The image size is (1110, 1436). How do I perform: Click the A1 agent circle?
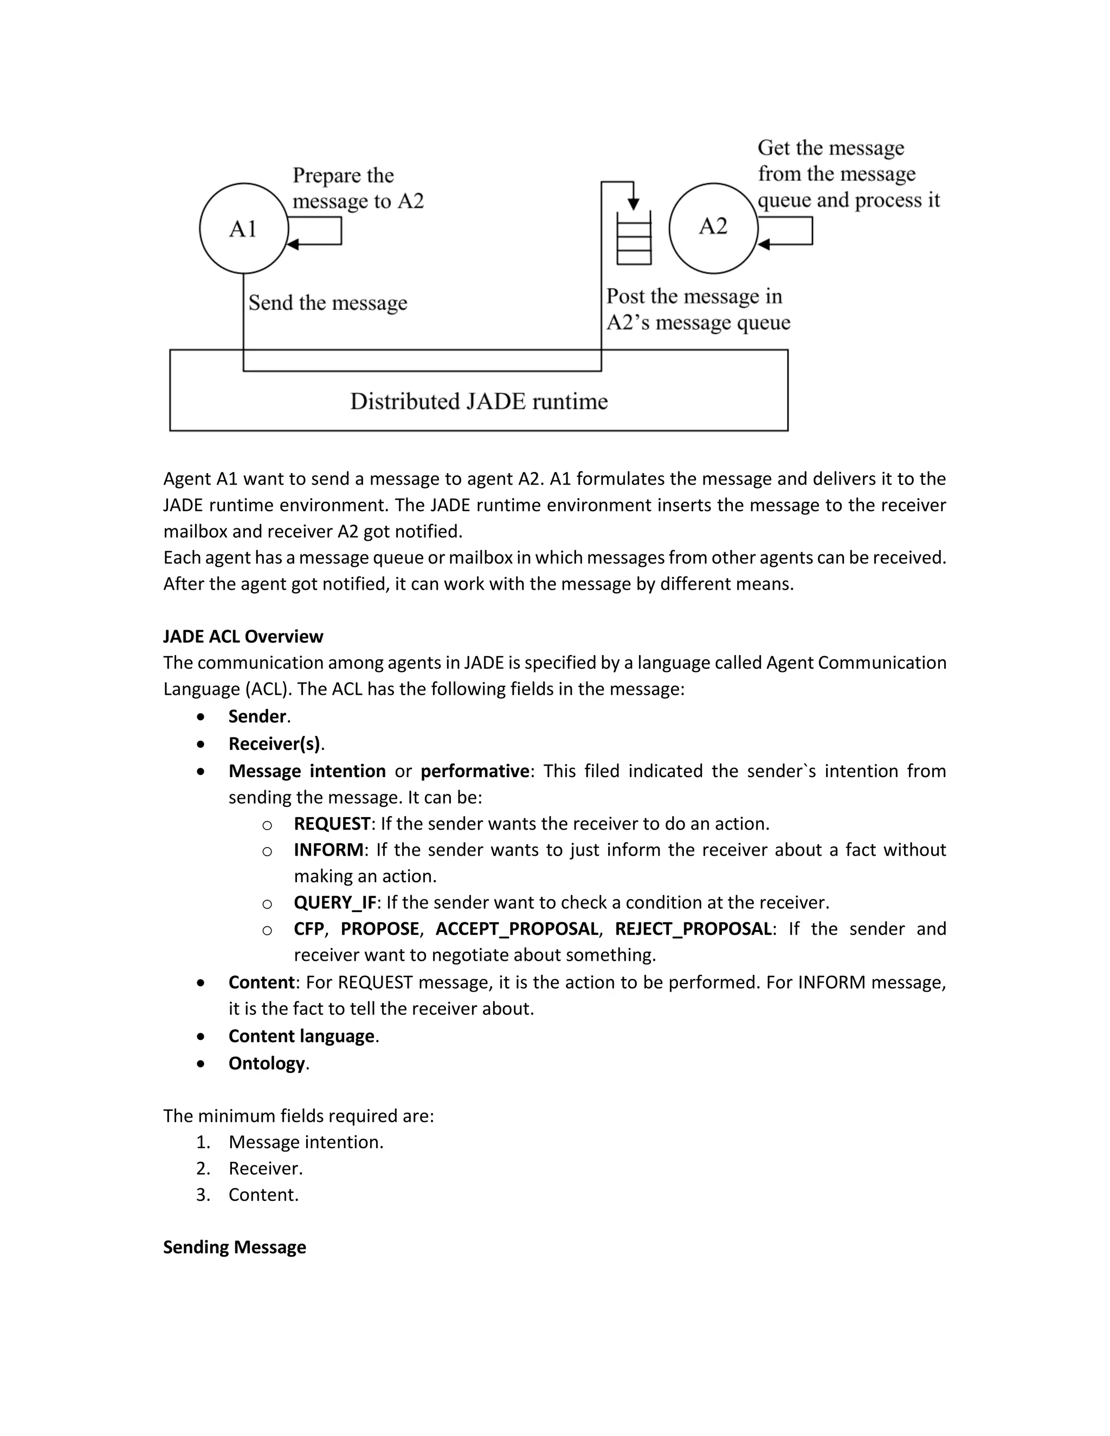(244, 228)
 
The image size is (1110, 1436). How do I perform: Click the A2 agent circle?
(713, 228)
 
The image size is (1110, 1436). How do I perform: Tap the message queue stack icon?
(634, 238)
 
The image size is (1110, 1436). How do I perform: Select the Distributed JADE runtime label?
(479, 401)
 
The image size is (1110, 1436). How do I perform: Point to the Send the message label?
(327, 302)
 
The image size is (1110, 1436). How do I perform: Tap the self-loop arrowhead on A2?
(764, 244)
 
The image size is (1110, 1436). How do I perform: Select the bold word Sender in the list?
(257, 716)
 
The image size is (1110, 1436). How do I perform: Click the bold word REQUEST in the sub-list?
(332, 823)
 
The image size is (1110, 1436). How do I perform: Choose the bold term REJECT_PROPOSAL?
(693, 928)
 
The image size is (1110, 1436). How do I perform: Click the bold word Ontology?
(266, 1063)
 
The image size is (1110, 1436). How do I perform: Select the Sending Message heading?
(234, 1247)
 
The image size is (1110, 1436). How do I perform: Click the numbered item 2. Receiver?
(265, 1168)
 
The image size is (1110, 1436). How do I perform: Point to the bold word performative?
(475, 771)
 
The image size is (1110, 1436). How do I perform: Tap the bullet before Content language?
(201, 1037)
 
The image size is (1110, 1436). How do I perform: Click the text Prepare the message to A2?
(358, 188)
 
